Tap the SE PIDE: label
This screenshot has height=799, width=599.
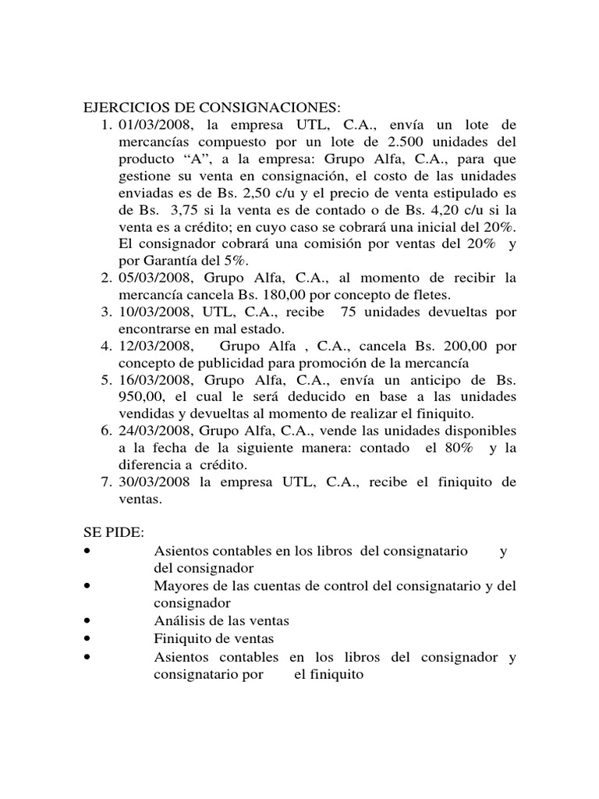click(114, 532)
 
